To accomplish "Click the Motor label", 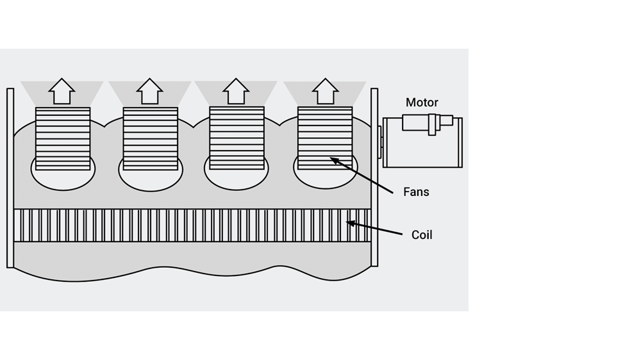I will (x=422, y=102).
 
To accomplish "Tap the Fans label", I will (x=416, y=192).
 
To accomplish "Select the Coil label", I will (x=422, y=235).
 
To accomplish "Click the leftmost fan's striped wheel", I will (x=63, y=138).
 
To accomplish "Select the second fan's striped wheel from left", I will (x=150, y=138).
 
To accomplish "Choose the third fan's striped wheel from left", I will (x=237, y=138).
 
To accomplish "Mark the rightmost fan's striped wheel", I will (x=325, y=138).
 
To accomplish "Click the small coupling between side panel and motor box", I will (x=380, y=142).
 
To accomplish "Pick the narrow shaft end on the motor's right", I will (x=446, y=120).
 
